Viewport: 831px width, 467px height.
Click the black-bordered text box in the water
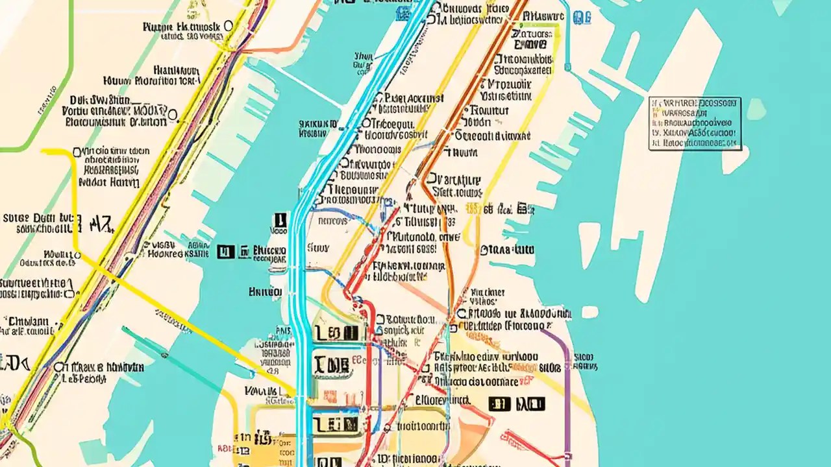coord(695,124)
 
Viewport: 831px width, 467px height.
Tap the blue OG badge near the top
coord(582,19)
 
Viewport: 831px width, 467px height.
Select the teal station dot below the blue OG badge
coord(567,66)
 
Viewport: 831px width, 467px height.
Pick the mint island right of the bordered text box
coord(756,108)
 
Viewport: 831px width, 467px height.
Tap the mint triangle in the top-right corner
coord(783,6)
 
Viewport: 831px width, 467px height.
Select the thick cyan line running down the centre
coord(300,292)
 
